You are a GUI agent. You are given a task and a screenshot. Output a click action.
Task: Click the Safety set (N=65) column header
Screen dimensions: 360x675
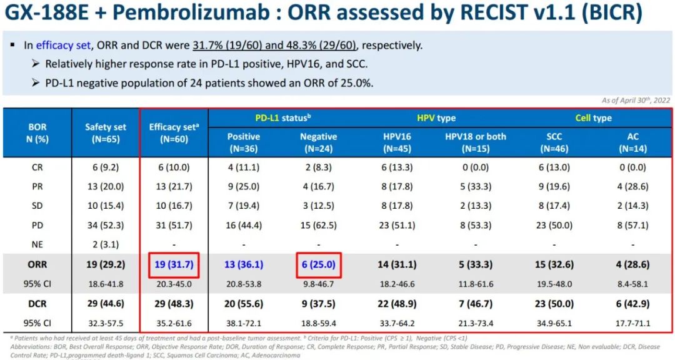point(106,132)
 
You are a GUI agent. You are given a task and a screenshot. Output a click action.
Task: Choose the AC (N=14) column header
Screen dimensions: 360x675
point(632,142)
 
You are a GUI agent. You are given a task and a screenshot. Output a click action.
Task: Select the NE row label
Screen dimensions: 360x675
point(37,244)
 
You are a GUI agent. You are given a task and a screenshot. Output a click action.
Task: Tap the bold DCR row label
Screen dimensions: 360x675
point(37,303)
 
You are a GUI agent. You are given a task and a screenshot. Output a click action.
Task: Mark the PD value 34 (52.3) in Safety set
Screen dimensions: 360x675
point(106,224)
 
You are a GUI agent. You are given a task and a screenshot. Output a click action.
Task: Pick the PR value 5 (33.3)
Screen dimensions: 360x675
point(476,186)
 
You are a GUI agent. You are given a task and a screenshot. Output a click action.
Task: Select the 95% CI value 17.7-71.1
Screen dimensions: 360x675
point(632,323)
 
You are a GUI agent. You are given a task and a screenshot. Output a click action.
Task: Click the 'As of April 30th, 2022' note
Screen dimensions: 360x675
point(636,100)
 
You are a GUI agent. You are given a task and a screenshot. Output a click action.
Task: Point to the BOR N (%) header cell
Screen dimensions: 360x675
point(37,132)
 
